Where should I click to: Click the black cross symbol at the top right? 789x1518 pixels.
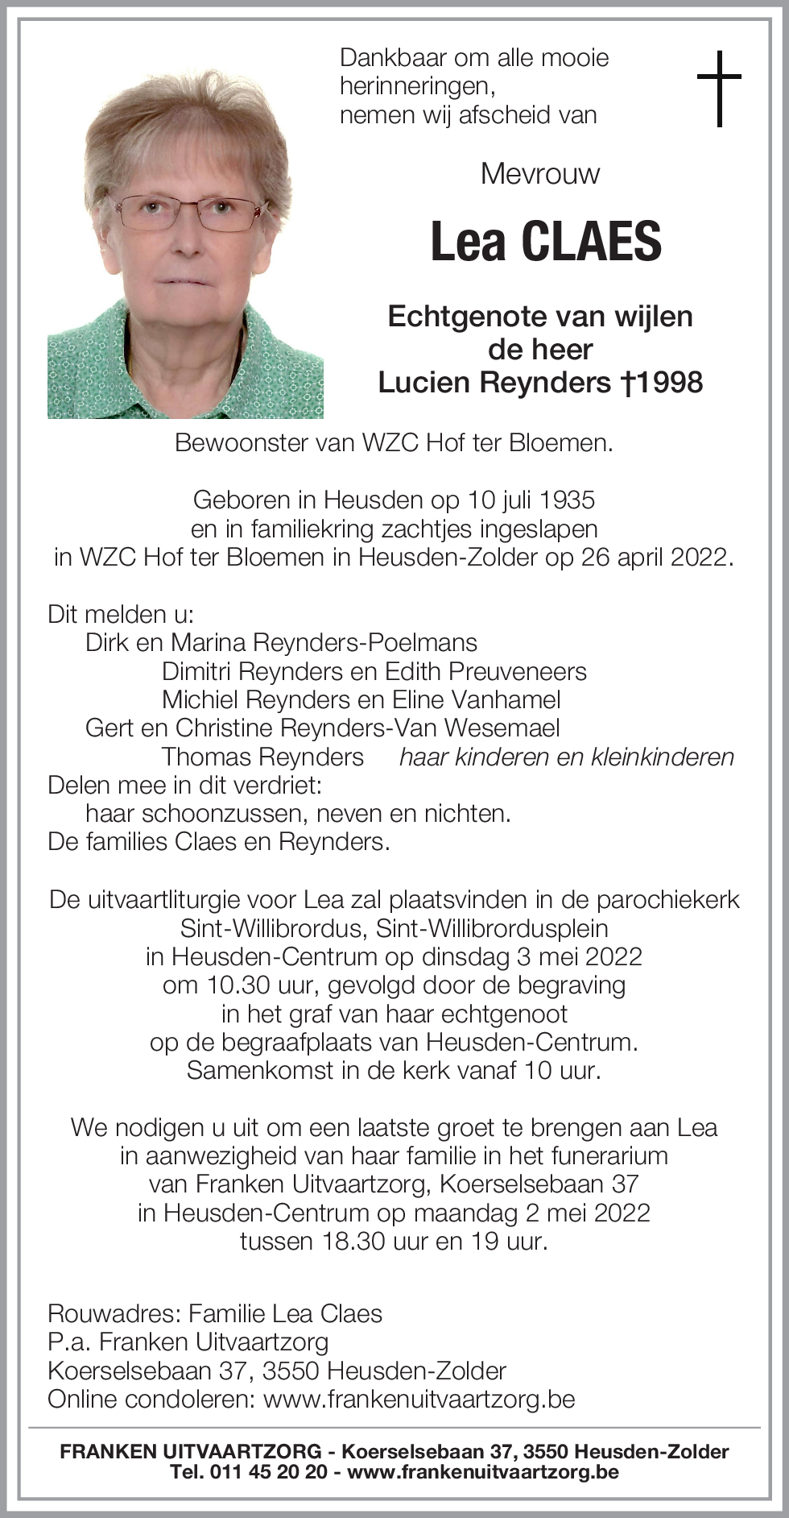coord(718,88)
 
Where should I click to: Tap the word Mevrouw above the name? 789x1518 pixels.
coord(540,173)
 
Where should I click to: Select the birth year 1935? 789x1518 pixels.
coord(568,500)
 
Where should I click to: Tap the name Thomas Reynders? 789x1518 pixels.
coord(262,757)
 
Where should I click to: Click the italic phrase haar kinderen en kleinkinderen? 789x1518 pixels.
coord(567,757)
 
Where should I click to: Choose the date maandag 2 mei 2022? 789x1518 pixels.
coord(532,1213)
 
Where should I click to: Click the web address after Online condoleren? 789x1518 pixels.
coord(419,1398)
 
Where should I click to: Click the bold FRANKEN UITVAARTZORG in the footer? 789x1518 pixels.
coord(190,1452)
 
